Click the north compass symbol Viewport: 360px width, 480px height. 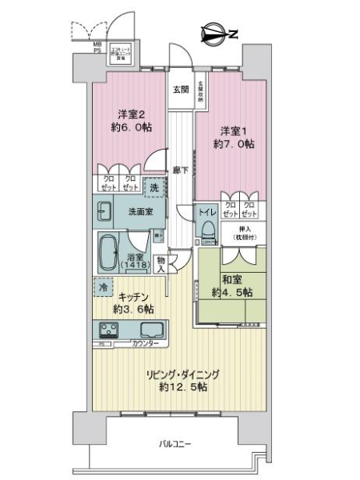tap(214, 33)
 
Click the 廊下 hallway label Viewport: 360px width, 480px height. tap(181, 170)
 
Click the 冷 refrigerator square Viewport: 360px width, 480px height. tap(104, 286)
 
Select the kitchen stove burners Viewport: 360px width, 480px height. tap(108, 329)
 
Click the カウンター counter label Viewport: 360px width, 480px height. tap(144, 344)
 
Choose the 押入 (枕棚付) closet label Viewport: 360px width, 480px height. tap(238, 233)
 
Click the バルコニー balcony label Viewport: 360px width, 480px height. tap(174, 444)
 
